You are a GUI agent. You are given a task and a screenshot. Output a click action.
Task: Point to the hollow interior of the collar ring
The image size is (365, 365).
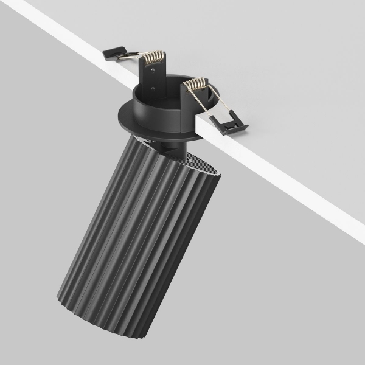[176, 97]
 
